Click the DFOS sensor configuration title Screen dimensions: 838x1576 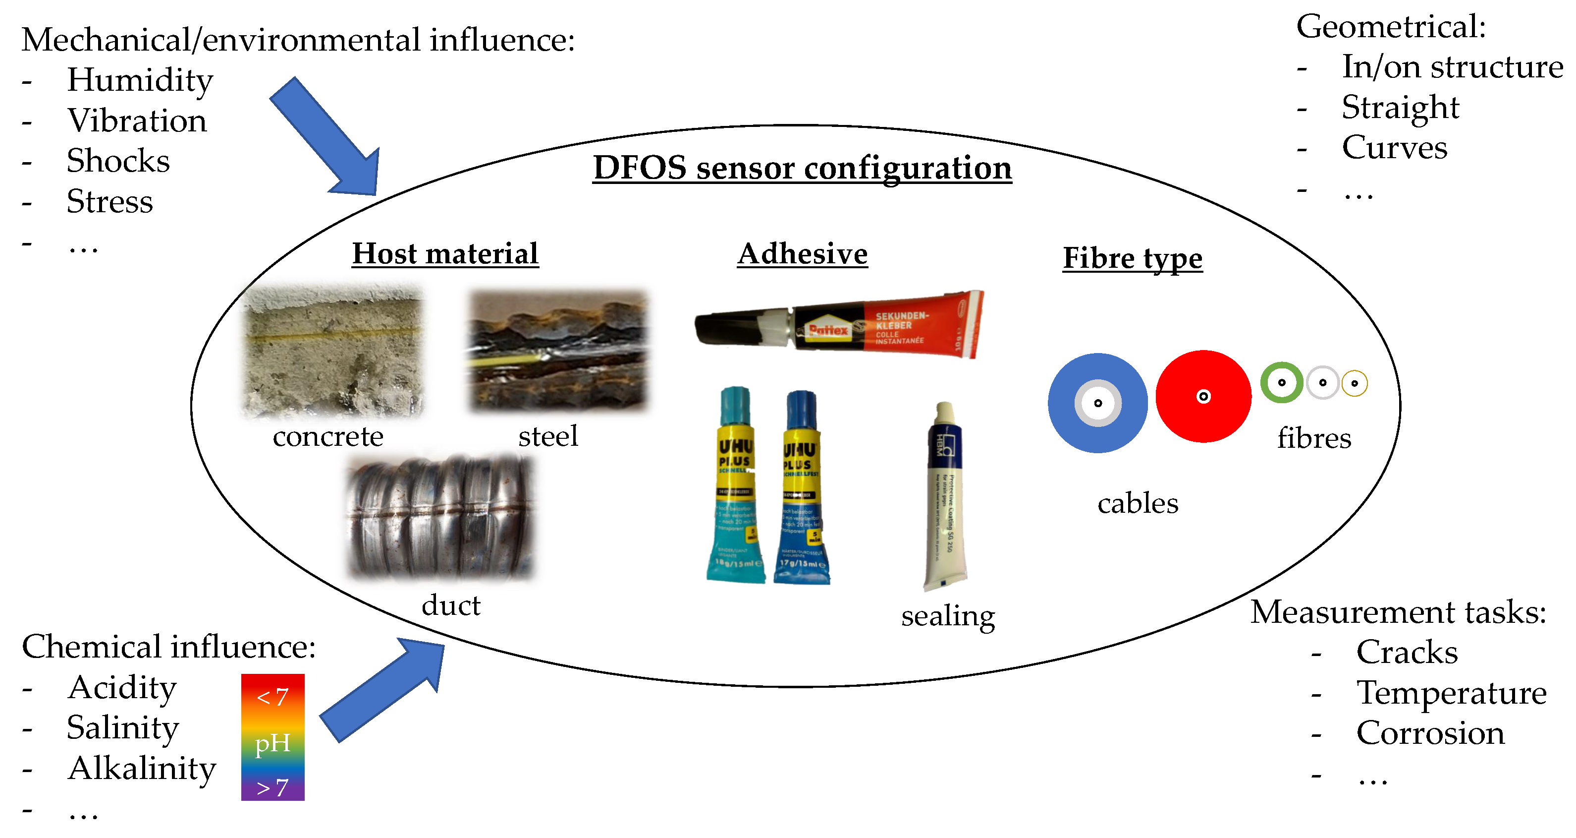[x=802, y=168]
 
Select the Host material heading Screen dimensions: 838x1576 [x=445, y=253]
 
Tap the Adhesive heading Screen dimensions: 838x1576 [x=802, y=253]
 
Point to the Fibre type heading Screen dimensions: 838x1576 [x=1133, y=258]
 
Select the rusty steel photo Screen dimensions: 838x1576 [x=557, y=350]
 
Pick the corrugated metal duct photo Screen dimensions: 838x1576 [x=440, y=517]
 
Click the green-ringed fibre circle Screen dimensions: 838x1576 [x=1281, y=383]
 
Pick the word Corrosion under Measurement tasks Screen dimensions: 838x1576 [x=1430, y=733]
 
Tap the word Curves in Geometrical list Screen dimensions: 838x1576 [x=1394, y=148]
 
